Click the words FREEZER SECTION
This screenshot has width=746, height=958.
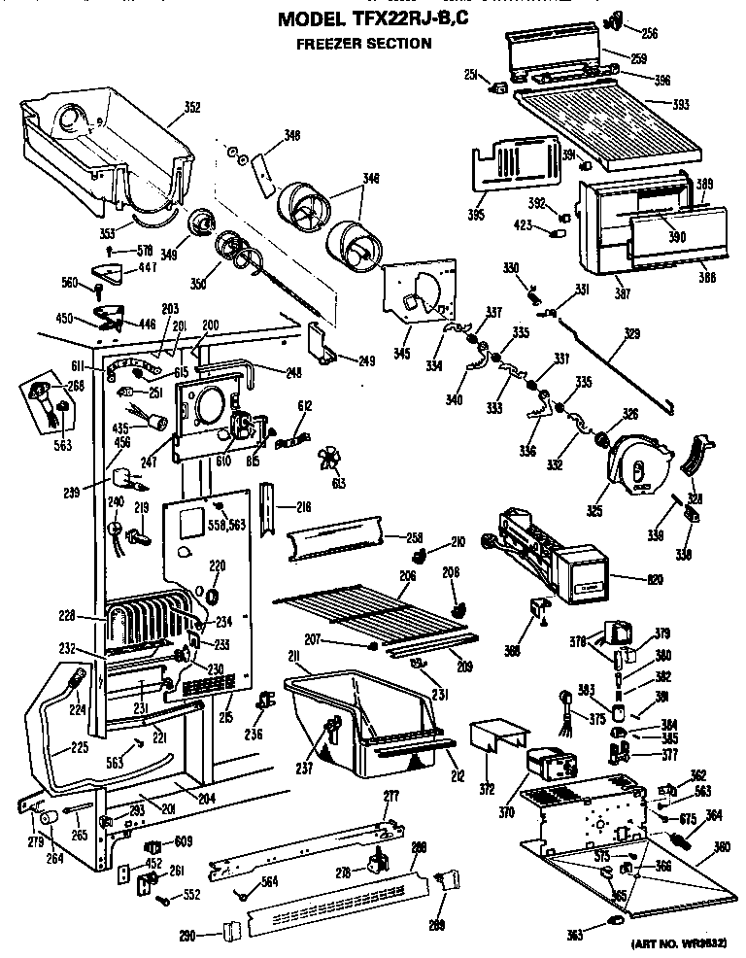click(363, 44)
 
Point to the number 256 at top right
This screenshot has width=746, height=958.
click(649, 33)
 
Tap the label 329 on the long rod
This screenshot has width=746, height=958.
click(632, 334)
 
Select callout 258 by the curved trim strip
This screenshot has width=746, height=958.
click(416, 536)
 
